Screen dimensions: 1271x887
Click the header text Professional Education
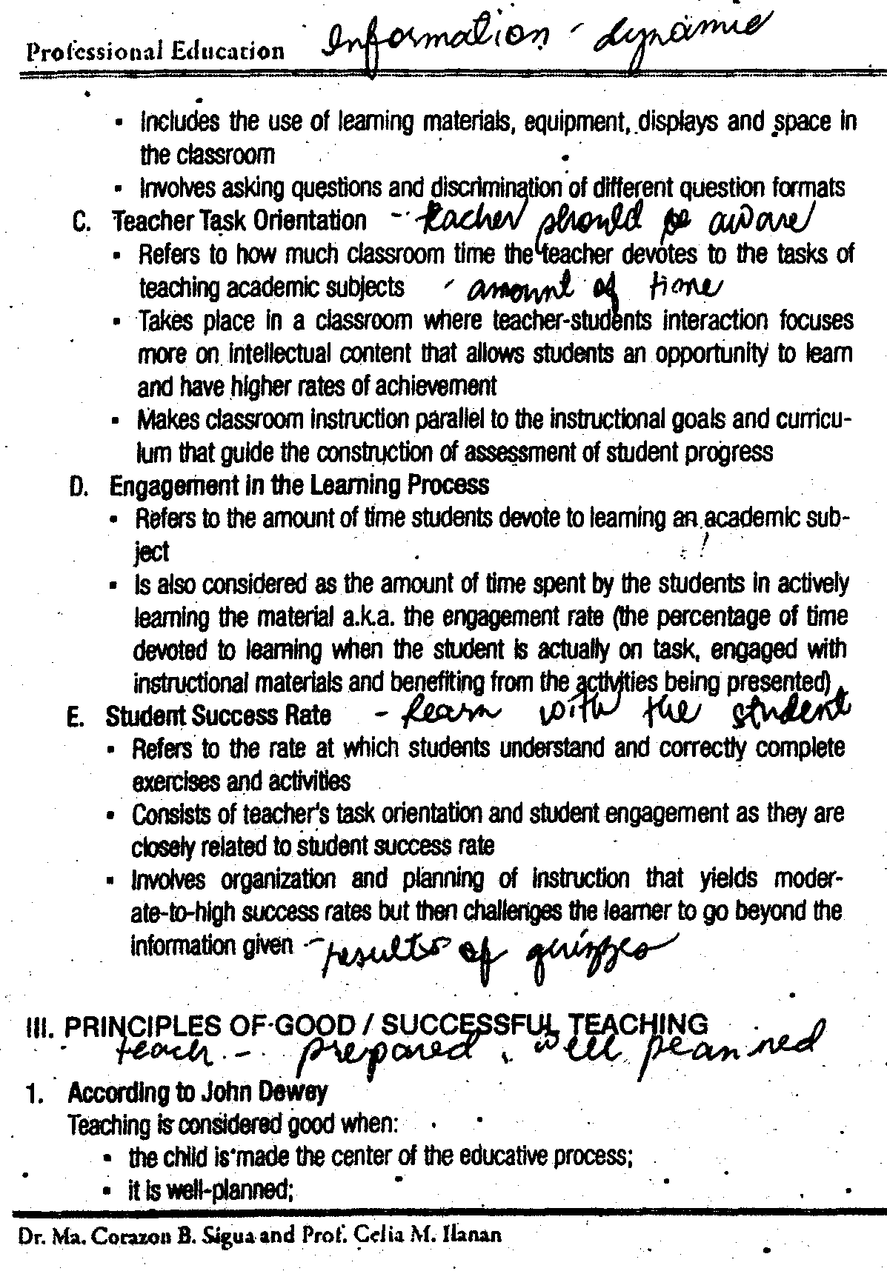point(155,51)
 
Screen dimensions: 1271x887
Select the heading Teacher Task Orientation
point(239,220)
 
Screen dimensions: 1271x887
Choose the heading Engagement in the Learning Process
point(299,485)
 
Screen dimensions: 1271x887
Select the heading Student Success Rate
point(218,715)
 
